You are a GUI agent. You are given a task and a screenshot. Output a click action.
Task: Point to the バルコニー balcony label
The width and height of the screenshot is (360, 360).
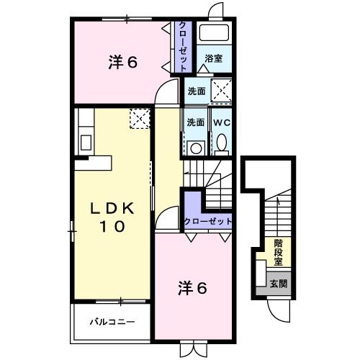tap(112, 322)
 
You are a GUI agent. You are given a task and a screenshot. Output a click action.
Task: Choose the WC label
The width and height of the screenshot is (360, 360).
tap(220, 122)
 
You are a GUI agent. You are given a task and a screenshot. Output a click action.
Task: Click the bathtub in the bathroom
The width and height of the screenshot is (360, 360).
tap(213, 33)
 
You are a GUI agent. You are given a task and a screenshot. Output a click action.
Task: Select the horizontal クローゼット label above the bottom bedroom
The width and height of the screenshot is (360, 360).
tap(208, 221)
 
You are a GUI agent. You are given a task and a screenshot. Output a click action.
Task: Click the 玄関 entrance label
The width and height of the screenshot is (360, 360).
tap(279, 284)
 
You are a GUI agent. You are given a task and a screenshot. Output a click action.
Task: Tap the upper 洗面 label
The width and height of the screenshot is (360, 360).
tap(197, 91)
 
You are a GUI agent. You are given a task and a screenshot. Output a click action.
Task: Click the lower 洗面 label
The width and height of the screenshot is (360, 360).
tap(195, 122)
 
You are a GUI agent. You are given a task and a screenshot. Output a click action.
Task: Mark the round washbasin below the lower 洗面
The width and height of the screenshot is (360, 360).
tap(194, 147)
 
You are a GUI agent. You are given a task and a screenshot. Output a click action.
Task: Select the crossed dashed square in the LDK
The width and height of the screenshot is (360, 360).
tap(139, 118)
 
